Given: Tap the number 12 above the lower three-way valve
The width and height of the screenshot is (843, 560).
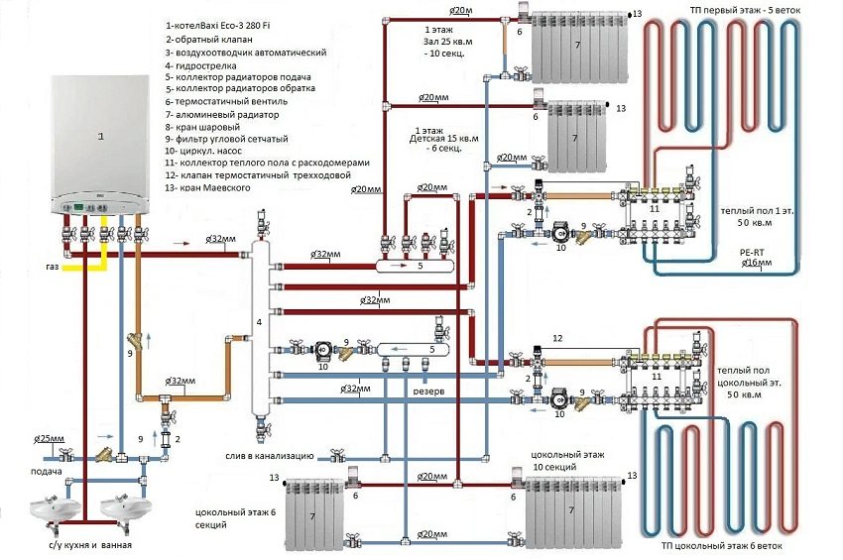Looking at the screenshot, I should point(557,339).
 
